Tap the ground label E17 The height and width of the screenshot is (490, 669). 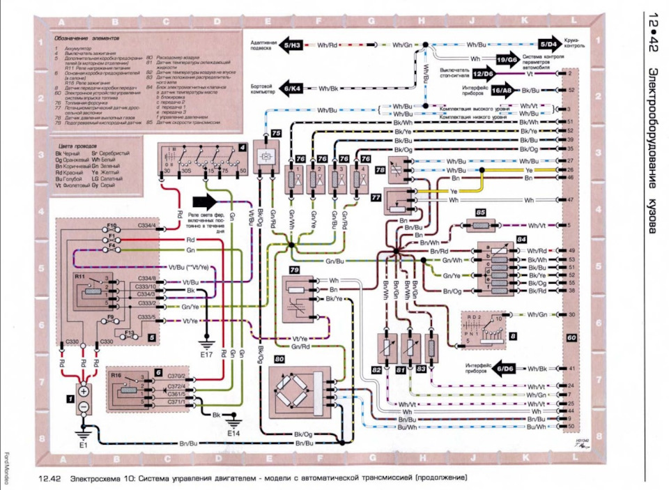(x=206, y=355)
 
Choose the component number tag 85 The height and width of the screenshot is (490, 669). (x=481, y=211)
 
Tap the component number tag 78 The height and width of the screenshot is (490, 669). (x=380, y=169)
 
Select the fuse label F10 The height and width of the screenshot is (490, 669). (x=111, y=226)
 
